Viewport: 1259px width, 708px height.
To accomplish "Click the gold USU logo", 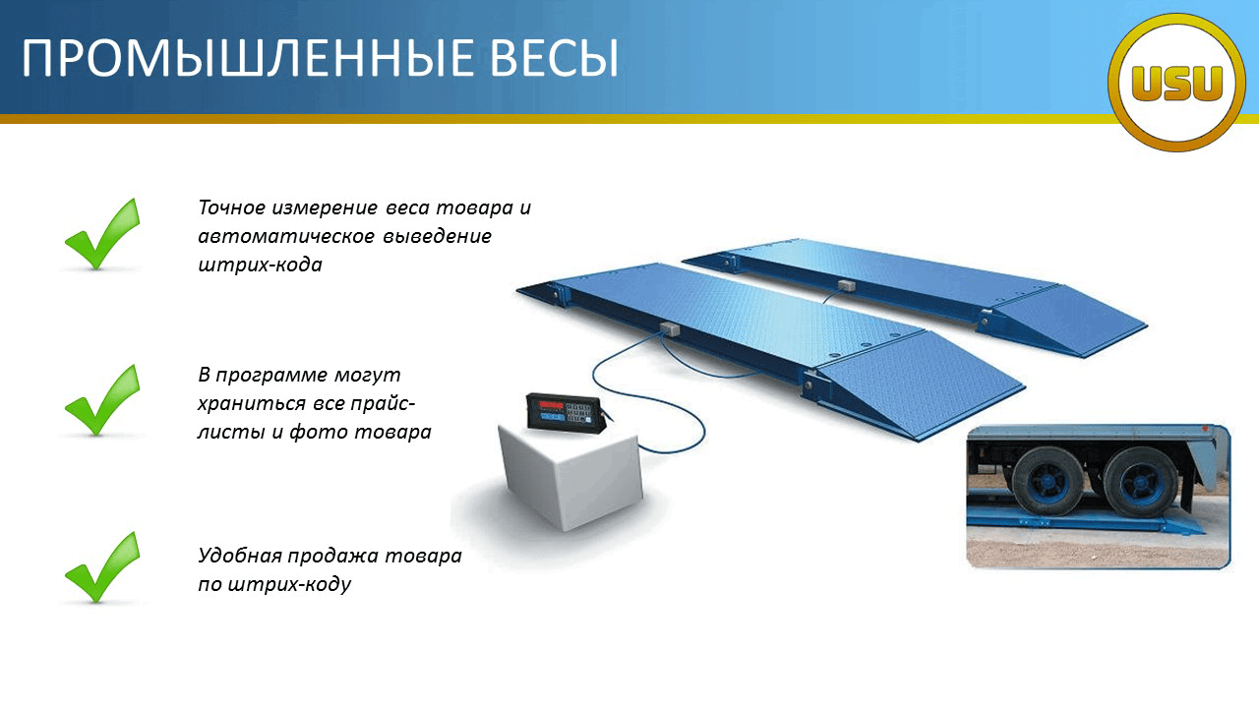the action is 1177,83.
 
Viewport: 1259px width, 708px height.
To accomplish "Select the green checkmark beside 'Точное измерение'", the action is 102,234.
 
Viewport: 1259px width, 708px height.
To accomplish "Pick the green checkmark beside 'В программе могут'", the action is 102,400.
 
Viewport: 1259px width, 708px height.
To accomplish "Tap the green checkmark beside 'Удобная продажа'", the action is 102,567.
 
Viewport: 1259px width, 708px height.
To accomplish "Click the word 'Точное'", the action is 231,207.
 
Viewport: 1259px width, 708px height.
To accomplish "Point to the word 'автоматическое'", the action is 286,236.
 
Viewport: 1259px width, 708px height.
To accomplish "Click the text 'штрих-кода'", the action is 261,265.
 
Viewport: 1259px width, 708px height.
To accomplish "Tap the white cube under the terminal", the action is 571,477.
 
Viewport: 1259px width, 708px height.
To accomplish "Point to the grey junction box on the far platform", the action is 847,286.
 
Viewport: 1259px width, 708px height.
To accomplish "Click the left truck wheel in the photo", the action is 1047,481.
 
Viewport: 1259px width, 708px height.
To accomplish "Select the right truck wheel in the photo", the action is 1140,483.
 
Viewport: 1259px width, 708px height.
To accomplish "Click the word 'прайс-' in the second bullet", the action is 383,404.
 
